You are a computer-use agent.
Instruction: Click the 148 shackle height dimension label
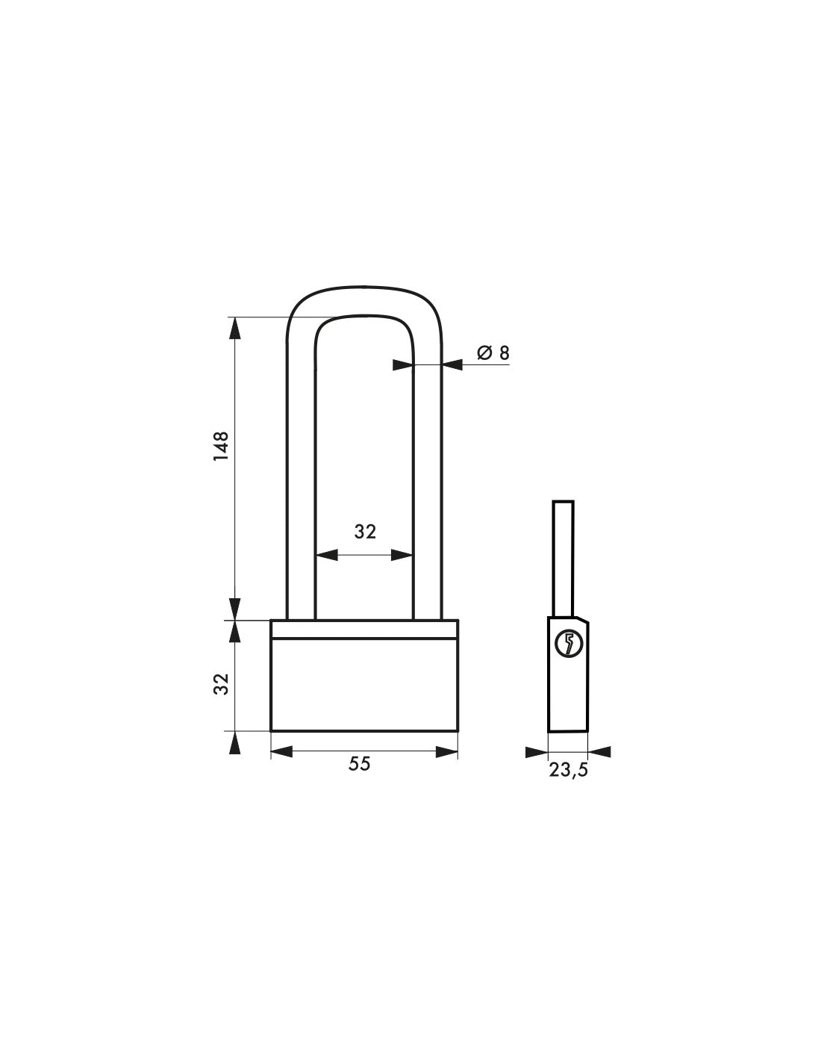(221, 447)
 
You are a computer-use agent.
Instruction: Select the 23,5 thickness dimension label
(569, 771)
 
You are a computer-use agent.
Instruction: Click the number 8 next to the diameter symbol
(505, 353)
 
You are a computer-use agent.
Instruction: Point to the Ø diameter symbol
(483, 353)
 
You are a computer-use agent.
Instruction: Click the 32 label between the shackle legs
(365, 532)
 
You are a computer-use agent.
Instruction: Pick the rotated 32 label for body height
(221, 683)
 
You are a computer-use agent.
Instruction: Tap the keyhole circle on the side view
(569, 645)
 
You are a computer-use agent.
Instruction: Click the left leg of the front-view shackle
(301, 478)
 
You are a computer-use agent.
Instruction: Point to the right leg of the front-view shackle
(428, 478)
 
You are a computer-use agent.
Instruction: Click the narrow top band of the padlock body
(363, 629)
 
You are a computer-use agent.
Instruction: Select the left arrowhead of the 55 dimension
(281, 752)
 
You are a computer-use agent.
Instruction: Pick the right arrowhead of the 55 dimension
(447, 752)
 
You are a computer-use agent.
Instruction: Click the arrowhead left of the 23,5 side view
(537, 751)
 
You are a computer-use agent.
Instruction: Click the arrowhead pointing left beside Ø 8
(452, 364)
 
